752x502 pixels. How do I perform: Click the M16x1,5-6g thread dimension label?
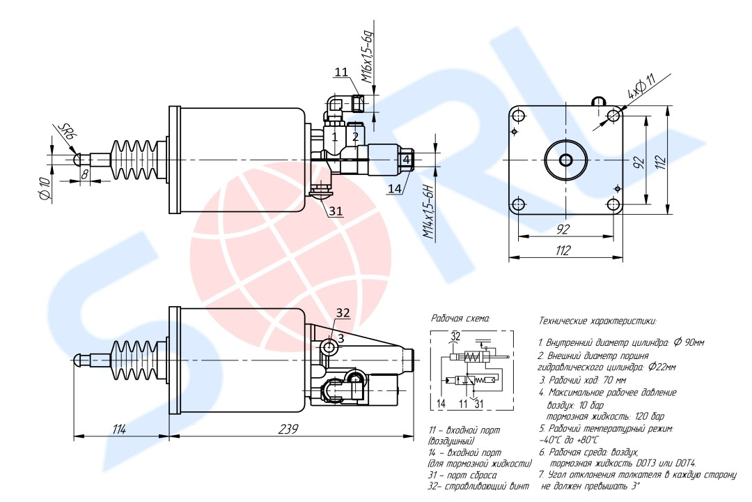(368, 57)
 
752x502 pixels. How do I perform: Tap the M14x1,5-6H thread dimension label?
(428, 212)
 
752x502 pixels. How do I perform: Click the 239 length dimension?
(288, 429)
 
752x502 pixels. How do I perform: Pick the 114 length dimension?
(119, 429)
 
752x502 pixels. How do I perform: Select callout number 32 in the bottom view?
(343, 313)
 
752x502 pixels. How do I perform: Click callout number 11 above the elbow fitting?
(341, 72)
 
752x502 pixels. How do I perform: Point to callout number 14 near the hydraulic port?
(394, 189)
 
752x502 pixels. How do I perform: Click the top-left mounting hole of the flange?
(519, 116)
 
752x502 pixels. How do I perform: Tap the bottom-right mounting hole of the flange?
(613, 205)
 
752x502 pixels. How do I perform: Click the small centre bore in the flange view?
(566, 160)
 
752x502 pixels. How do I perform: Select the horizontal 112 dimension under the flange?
(563, 250)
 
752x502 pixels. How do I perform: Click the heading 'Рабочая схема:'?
(460, 319)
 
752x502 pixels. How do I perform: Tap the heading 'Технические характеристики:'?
(597, 321)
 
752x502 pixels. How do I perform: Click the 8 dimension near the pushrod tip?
(84, 174)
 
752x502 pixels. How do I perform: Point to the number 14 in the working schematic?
(441, 404)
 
